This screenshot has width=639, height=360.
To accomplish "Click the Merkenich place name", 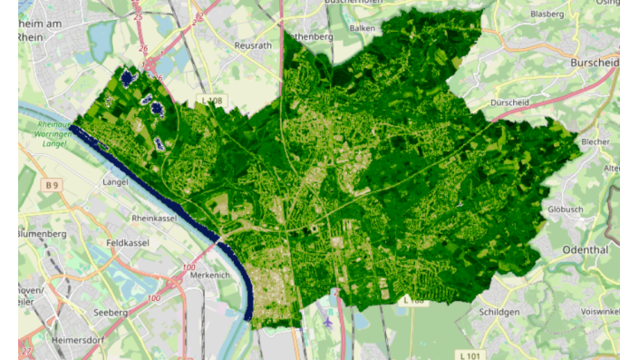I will pos(211,275).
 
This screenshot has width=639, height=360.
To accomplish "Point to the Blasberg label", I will pos(547,15).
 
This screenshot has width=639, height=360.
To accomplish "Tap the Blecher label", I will pos(595,142).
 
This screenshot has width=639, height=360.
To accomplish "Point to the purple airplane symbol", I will pos(327,320).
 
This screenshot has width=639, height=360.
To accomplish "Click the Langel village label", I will pos(114,181).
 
